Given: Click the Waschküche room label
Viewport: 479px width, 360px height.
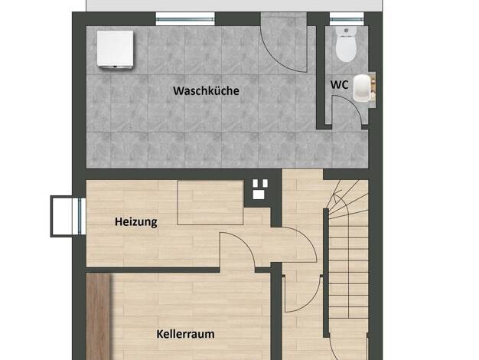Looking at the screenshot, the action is point(206,91).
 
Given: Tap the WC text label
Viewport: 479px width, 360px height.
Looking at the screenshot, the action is point(339,85).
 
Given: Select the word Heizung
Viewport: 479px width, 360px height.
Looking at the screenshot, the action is point(136,222).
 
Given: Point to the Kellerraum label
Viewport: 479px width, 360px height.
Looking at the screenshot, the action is point(185,334).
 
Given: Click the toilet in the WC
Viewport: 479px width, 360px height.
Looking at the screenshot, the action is point(346,44).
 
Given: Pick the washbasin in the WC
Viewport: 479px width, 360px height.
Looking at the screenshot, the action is point(363,87).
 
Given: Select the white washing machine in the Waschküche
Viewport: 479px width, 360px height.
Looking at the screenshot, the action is point(116,49).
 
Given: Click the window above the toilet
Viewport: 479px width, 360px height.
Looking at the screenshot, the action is point(347,19).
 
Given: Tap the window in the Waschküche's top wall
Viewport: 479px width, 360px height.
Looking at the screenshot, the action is point(185,19).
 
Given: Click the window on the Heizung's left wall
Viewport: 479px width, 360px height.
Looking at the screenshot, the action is point(80,216).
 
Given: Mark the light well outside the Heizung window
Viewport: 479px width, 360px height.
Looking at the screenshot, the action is point(62,216).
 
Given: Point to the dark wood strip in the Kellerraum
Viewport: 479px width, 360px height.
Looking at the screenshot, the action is point(99,316).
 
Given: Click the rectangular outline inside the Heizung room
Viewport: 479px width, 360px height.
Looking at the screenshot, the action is point(210,202).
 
